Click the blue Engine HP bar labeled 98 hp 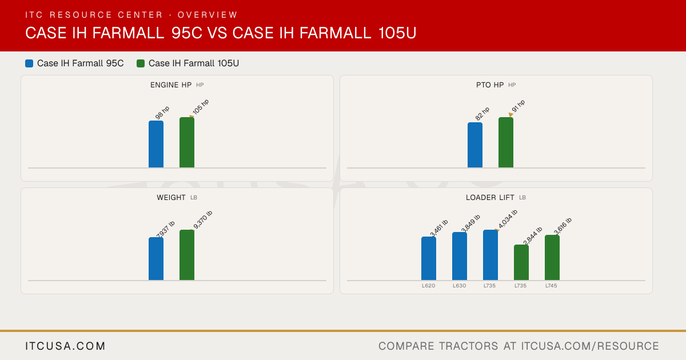(x=156, y=144)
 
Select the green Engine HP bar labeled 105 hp (x=187, y=142)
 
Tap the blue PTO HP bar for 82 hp (x=475, y=145)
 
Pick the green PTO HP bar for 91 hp (x=506, y=142)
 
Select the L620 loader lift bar (x=429, y=258)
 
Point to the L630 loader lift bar (x=460, y=256)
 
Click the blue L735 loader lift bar (x=490, y=255)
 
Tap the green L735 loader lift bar (x=521, y=262)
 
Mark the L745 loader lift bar (x=552, y=258)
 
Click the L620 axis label (x=428, y=286)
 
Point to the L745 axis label (x=551, y=286)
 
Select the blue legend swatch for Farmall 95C (x=29, y=63)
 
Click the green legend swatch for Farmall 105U (x=141, y=63)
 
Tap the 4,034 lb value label (x=508, y=219)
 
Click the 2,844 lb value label (x=533, y=235)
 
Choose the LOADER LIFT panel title (x=490, y=198)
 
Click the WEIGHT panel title (x=171, y=198)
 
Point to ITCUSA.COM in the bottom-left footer (x=65, y=346)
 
